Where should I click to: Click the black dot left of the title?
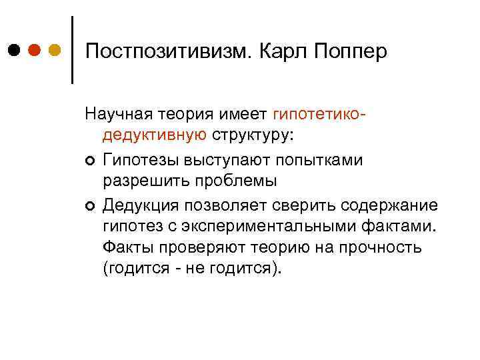(x=13, y=50)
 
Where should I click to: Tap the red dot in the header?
(x=34, y=50)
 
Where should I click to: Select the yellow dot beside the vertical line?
(x=55, y=50)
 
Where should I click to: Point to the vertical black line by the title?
(x=71, y=49)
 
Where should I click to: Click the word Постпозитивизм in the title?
(x=167, y=51)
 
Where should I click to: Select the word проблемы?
(x=233, y=181)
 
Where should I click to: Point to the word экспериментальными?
(x=279, y=225)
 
